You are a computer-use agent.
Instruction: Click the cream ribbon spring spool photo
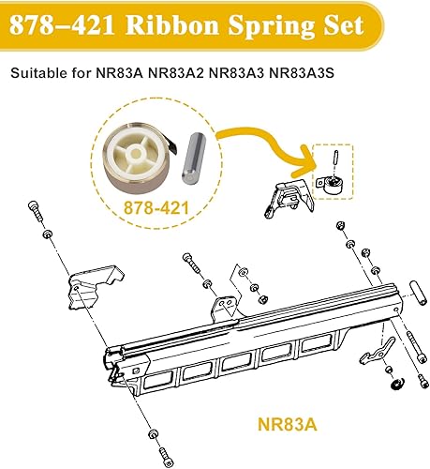pos(137,151)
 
